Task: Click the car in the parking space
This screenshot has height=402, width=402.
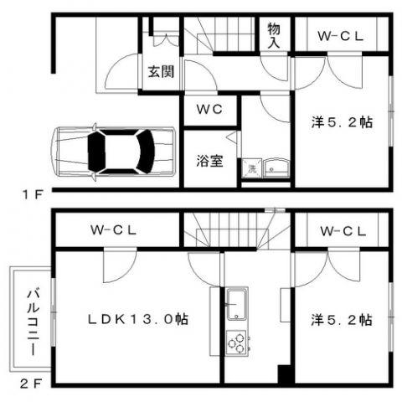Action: [x=112, y=152]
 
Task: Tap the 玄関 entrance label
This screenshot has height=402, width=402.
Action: [x=161, y=71]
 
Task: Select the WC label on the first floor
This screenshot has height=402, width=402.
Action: [x=209, y=109]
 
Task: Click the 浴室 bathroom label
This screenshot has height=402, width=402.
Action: [x=209, y=160]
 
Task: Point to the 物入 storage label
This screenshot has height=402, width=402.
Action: [x=274, y=35]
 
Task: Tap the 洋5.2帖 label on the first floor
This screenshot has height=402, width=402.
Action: [x=342, y=122]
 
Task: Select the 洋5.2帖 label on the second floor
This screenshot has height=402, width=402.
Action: [x=342, y=319]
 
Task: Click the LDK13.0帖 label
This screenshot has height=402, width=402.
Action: [x=138, y=319]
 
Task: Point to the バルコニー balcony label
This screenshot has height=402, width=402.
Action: [x=31, y=320]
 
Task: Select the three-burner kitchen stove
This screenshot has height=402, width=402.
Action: [x=237, y=343]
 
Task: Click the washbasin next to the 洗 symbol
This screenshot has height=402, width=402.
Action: [x=276, y=167]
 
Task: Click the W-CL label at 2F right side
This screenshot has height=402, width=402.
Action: [x=341, y=229]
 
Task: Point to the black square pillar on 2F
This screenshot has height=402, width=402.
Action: [x=286, y=375]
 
